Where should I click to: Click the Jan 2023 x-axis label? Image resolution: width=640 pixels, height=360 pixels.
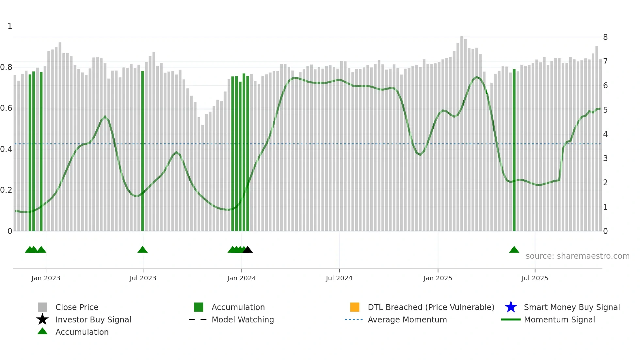(46, 278)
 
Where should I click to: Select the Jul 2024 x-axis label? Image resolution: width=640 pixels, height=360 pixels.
(339, 278)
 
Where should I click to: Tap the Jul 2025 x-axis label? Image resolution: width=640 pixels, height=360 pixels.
(535, 278)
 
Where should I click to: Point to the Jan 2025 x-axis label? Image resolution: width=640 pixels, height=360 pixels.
(438, 278)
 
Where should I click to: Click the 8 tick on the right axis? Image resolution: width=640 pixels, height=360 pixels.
(605, 37)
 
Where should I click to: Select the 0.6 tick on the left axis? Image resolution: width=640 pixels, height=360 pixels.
(7, 108)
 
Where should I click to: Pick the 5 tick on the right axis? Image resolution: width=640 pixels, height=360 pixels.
(605, 110)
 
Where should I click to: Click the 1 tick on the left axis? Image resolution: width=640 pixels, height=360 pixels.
(10, 26)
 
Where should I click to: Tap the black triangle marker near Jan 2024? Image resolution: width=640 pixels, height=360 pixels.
(248, 250)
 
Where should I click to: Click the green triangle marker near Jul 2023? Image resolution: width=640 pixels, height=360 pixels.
(142, 250)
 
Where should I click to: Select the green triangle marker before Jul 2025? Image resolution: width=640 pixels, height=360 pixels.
(514, 250)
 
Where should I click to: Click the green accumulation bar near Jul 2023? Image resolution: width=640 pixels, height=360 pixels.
(142, 150)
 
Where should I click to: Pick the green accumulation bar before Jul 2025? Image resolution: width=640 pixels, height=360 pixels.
(514, 150)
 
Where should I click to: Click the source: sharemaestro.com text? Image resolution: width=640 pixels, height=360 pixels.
(577, 256)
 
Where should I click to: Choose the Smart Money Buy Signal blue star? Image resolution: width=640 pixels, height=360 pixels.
(511, 307)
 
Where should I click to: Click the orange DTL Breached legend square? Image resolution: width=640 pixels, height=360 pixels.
(355, 307)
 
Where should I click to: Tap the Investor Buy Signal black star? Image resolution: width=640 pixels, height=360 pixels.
(42, 319)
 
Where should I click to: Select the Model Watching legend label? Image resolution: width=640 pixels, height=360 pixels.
(243, 319)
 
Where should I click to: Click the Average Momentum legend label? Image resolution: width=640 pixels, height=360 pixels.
(407, 319)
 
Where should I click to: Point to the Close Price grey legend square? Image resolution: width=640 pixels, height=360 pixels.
(42, 307)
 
